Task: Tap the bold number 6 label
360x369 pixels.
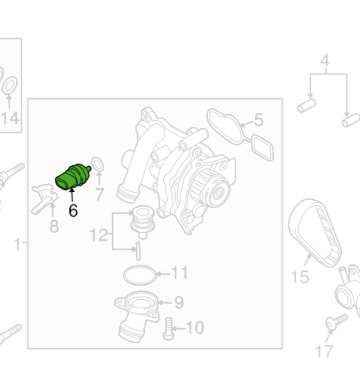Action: point(73,210)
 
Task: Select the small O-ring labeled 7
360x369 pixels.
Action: point(98,164)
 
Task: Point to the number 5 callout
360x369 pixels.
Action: point(258,120)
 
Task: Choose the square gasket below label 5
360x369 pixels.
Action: point(262,147)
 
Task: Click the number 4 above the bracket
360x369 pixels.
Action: point(325,60)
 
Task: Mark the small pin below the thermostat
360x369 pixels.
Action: point(138,251)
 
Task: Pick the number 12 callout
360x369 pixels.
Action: point(98,236)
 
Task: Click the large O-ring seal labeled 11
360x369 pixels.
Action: point(139,276)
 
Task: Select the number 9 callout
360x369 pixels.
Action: point(179,302)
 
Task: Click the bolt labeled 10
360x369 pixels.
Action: point(168,328)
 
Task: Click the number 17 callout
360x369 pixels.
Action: point(324,351)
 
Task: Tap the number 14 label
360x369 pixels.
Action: point(10,118)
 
